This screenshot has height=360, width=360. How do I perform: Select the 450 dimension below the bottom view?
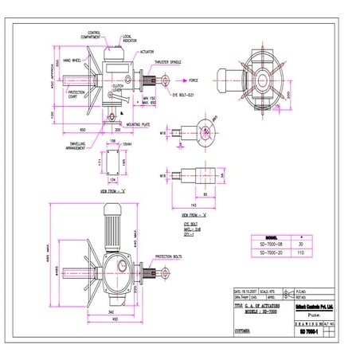[x=116, y=320]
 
